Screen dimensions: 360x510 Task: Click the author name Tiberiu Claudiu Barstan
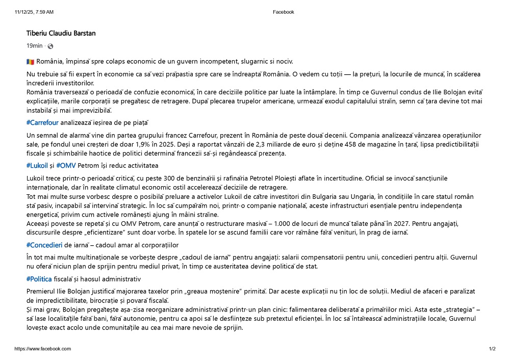(61, 34)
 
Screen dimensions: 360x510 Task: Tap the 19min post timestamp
(35, 46)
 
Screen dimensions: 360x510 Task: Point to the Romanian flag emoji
(30, 62)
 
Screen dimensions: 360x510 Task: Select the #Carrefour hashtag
(42, 122)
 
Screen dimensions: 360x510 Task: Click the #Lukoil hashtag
(37, 166)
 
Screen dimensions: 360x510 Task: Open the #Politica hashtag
(39, 279)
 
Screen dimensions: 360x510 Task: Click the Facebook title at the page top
(284, 12)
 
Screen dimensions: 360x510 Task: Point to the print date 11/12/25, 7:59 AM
(34, 12)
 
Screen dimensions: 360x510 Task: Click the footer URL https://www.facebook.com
(43, 349)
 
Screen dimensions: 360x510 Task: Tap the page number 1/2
(492, 349)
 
